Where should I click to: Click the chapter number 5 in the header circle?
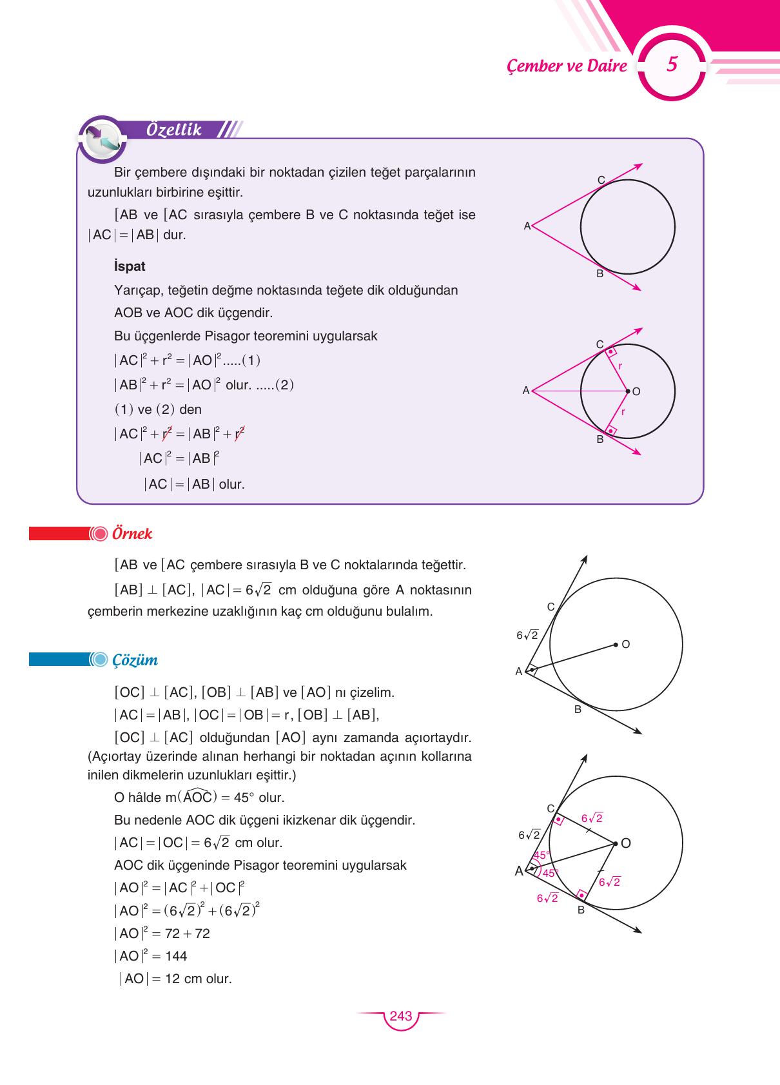pyautogui.click(x=672, y=64)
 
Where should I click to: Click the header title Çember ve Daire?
pyautogui.click(x=567, y=66)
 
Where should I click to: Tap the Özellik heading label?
pyautogui.click(x=174, y=130)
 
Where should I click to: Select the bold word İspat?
pyautogui.click(x=129, y=266)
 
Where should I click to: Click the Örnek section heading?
pyautogui.click(x=132, y=534)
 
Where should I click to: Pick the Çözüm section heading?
pyautogui.click(x=135, y=660)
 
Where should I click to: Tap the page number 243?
pyautogui.click(x=400, y=1016)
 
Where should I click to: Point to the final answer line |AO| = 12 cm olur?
pyautogui.click(x=175, y=979)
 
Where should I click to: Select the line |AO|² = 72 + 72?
pyautogui.click(x=162, y=933)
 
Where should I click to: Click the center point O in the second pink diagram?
pyautogui.click(x=628, y=391)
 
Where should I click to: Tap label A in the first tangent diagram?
pyautogui.click(x=527, y=226)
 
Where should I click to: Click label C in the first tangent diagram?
pyautogui.click(x=601, y=181)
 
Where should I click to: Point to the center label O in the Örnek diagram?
pyautogui.click(x=625, y=644)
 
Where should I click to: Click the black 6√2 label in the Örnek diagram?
pyautogui.click(x=527, y=635)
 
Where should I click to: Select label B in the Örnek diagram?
pyautogui.click(x=578, y=709)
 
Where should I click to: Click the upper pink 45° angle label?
pyautogui.click(x=541, y=855)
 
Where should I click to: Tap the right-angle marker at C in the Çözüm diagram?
pyautogui.click(x=558, y=820)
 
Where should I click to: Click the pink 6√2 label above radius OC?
pyautogui.click(x=592, y=818)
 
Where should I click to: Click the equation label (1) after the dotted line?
pyautogui.click(x=251, y=360)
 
